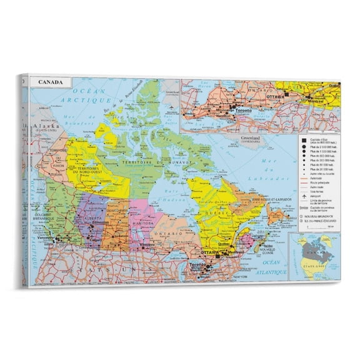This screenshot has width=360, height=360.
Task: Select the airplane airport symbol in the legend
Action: [303, 195]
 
